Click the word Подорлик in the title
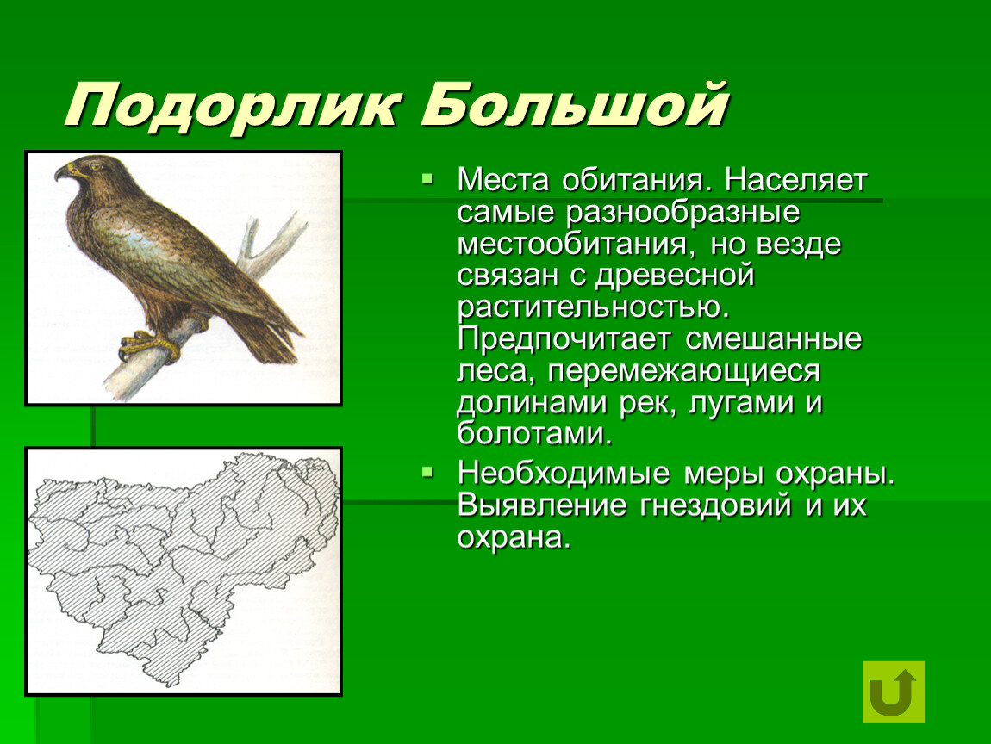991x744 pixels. coord(231,106)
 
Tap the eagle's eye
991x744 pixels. coord(95,167)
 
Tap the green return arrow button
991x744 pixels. coord(893,691)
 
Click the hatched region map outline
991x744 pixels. coord(184,567)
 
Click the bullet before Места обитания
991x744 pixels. coord(428,179)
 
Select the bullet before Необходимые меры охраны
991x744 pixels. coord(428,471)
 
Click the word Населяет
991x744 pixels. coord(795,180)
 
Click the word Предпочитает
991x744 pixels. coord(563,340)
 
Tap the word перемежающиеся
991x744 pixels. coord(684,372)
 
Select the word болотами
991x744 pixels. coord(534,434)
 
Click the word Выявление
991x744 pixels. coord(542,505)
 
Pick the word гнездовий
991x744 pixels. coord(715,505)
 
